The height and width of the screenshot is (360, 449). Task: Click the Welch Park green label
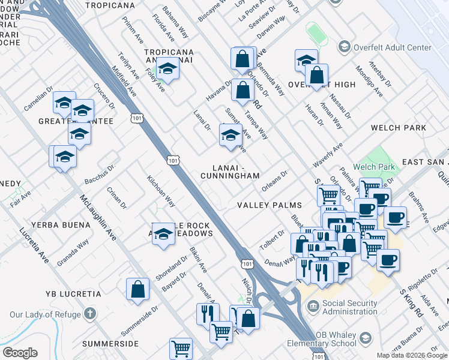(378, 167)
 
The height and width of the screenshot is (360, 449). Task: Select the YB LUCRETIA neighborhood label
(73, 294)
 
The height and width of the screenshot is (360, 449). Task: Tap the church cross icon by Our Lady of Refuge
(89, 313)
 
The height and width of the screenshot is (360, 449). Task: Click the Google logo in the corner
(20, 353)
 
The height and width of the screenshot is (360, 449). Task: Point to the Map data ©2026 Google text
(412, 355)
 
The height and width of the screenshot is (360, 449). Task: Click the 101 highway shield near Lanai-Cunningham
(173, 160)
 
